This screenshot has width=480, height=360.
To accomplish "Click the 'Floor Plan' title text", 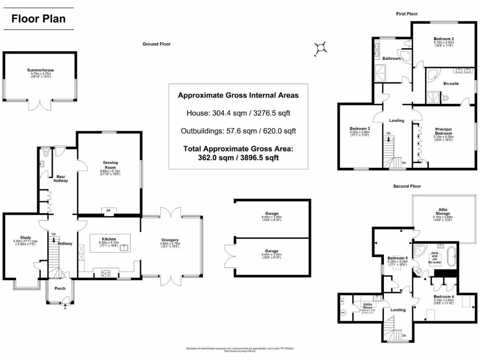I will (38, 19).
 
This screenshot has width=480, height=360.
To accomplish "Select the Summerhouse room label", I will (40, 70).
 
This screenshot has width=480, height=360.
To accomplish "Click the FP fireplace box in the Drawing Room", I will (108, 210).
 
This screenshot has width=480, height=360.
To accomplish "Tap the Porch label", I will (60, 288).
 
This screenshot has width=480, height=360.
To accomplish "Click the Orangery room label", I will (169, 240).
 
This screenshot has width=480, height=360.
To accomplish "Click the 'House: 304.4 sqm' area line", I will (238, 113).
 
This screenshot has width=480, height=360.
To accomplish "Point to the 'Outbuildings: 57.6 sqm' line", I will (238, 131).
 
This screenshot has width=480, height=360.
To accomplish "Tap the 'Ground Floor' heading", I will (157, 44).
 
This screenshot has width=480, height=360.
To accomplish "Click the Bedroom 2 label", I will (443, 39).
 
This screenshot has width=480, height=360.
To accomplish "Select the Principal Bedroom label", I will (443, 131).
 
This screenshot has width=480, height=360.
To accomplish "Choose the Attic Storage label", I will (443, 211).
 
